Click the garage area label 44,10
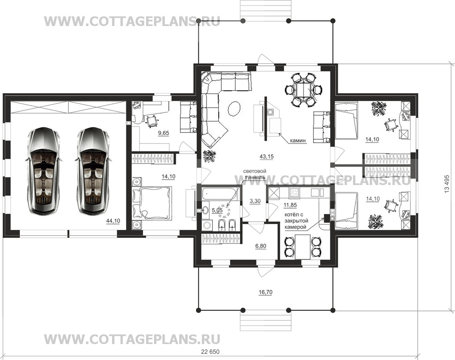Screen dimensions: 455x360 coord(113,221)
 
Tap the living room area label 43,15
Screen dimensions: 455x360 coord(267,157)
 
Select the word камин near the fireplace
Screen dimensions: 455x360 coord(298,141)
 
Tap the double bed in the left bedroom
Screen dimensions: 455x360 coord(152,203)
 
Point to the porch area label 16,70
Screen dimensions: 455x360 coord(266,292)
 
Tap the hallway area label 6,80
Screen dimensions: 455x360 coord(261,246)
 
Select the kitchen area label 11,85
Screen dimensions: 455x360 coord(290,205)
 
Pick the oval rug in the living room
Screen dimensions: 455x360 coord(235,108)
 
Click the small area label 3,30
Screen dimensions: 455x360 coord(255,201)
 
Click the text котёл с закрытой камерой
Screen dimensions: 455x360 coord(295,221)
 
